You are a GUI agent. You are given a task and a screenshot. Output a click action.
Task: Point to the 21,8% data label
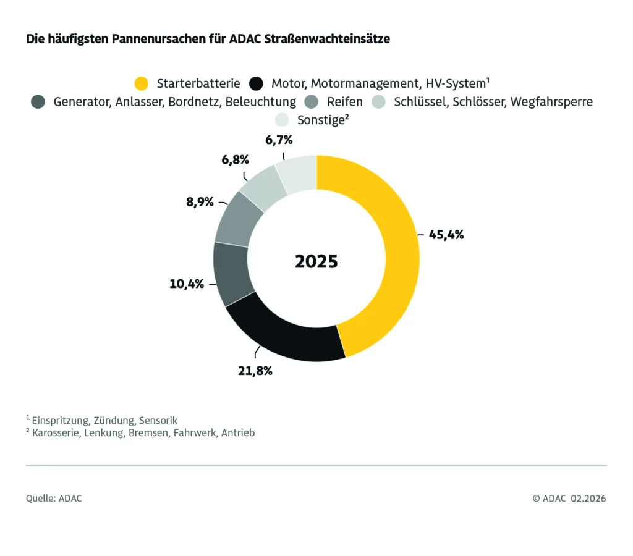(x=253, y=371)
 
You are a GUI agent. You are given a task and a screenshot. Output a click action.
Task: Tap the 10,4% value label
(x=187, y=284)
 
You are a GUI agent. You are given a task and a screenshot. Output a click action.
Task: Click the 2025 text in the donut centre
(x=316, y=261)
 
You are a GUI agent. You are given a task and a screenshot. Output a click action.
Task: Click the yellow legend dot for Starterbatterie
(x=142, y=83)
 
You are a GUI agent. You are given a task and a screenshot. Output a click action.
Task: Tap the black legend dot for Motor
(x=256, y=83)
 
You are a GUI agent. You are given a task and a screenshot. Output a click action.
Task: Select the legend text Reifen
(x=344, y=102)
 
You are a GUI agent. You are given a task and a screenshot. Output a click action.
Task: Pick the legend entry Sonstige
(x=320, y=120)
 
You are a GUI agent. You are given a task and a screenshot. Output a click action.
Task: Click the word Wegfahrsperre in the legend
(x=551, y=102)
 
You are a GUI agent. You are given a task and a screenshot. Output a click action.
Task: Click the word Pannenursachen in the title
(x=145, y=39)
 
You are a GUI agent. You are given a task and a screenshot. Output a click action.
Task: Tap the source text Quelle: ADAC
(x=54, y=499)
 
